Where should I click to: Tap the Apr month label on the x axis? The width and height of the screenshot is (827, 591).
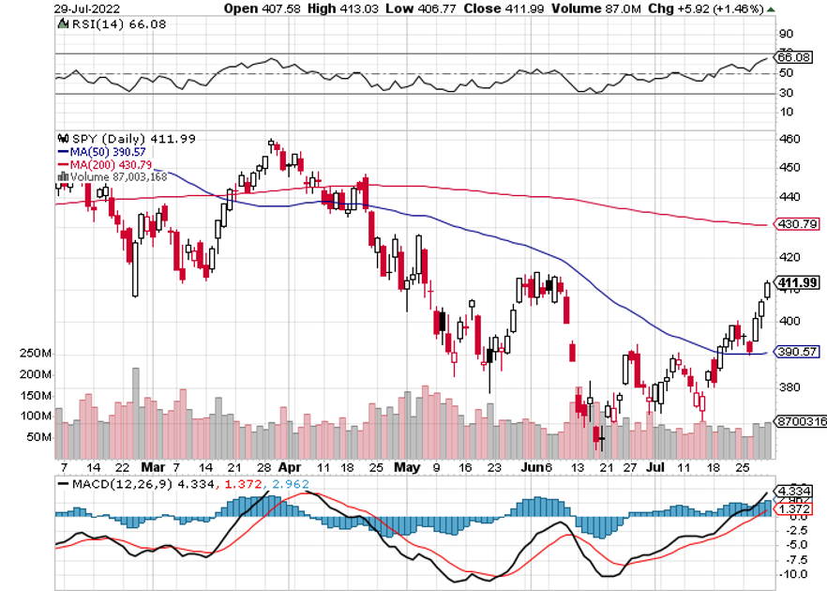[x=290, y=465]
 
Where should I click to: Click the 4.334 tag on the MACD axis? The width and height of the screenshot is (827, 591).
[x=797, y=489]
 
